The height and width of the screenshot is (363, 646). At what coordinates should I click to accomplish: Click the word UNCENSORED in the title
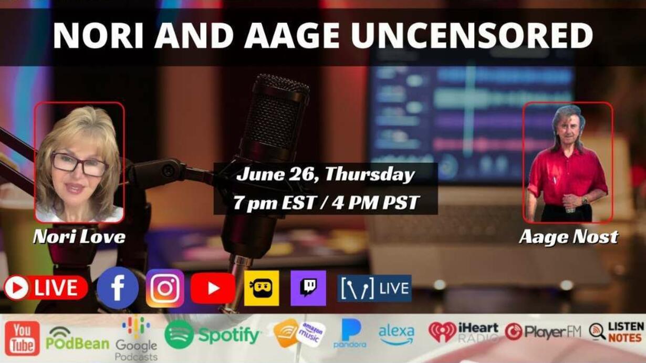tap(472, 36)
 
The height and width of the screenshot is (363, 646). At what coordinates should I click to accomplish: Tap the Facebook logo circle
tap(118, 288)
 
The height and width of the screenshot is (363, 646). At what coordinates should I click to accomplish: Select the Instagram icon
tap(165, 288)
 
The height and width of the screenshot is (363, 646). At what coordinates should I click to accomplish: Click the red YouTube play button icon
tap(213, 288)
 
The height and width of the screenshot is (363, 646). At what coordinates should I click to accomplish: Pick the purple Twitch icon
tap(308, 288)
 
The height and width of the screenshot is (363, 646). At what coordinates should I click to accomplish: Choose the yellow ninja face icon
tap(262, 288)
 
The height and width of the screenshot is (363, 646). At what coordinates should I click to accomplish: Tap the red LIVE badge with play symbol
tap(46, 288)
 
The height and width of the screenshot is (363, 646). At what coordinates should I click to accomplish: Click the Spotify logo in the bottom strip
tap(212, 335)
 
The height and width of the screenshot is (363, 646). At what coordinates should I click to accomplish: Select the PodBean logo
tap(77, 338)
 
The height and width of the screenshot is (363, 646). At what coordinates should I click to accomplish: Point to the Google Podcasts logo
tap(136, 339)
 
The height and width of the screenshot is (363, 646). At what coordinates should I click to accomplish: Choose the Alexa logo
tap(397, 335)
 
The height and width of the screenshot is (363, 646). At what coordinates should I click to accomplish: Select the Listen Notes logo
tap(617, 332)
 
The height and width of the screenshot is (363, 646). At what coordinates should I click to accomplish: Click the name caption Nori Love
tap(79, 237)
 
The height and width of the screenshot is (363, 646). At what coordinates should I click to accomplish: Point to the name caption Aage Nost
tap(569, 237)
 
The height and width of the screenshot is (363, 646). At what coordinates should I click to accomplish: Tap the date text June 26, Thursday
tap(326, 175)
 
